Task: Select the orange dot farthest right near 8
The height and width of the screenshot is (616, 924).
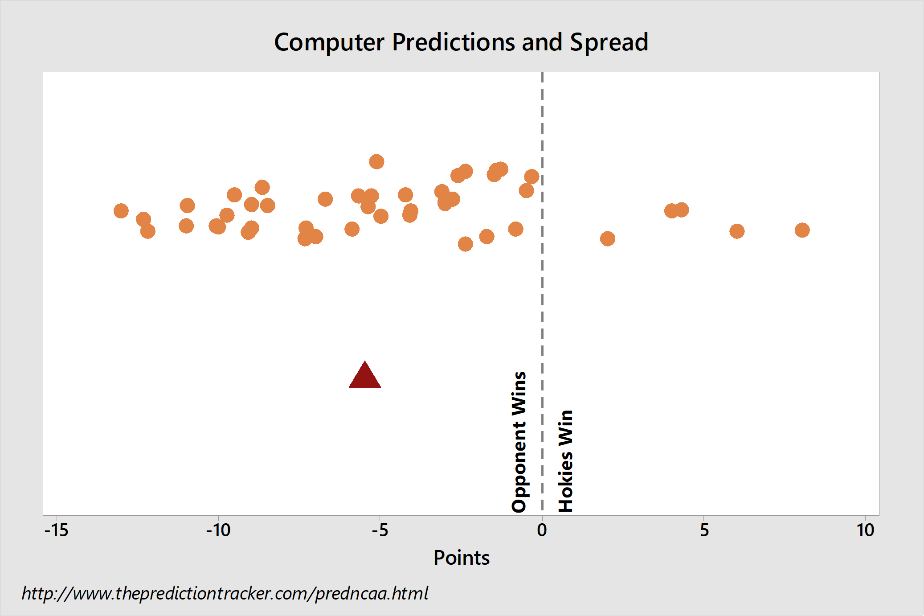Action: point(802,230)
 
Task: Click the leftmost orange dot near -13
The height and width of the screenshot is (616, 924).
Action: point(121,211)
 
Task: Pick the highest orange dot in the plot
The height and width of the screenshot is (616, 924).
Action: point(376,161)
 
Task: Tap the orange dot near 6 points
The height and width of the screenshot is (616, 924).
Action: point(737,231)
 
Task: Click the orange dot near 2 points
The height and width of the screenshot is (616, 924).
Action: point(607,238)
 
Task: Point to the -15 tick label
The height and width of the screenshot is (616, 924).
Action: point(57,530)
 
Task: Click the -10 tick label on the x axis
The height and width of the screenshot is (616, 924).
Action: point(218,530)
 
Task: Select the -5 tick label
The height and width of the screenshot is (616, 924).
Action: point(380,530)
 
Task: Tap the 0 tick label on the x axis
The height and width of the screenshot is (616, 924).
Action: point(542,530)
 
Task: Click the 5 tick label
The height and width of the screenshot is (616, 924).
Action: point(704,530)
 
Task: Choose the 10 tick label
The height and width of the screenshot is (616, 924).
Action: point(866,530)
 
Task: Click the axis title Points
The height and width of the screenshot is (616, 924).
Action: point(462,558)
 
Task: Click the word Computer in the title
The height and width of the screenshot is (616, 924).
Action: point(329,43)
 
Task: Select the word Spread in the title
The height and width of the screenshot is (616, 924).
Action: point(609,43)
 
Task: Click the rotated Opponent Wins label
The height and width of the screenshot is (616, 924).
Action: point(519,442)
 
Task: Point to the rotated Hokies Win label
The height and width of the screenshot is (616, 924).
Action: point(565,461)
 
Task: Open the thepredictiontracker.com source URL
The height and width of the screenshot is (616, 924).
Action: point(225,593)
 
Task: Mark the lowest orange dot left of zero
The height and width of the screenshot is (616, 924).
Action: point(465,244)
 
